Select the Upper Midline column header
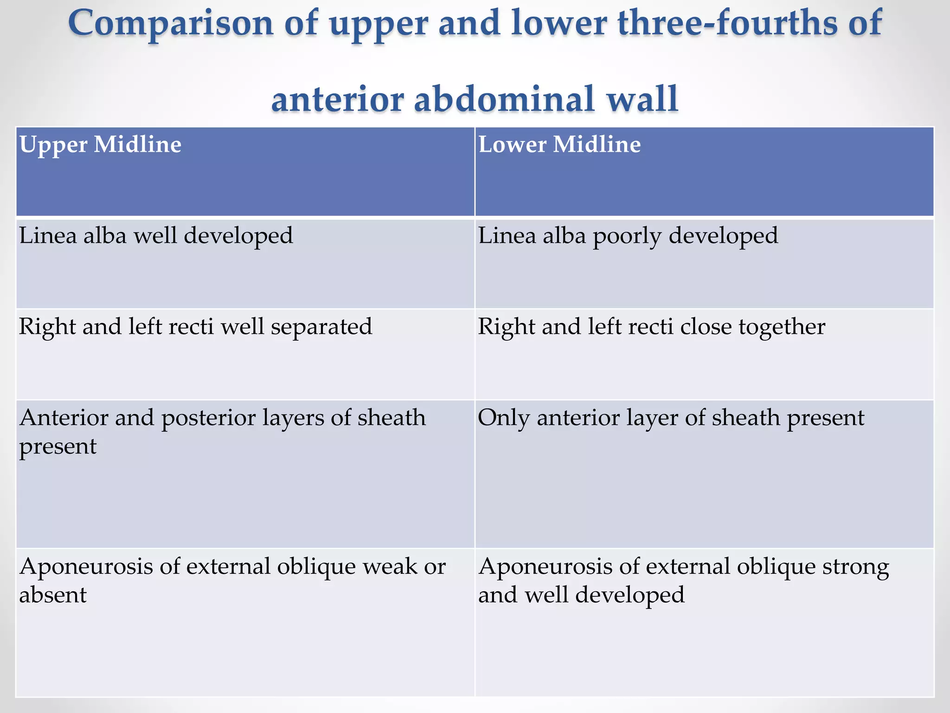click(x=100, y=145)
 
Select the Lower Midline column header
click(x=559, y=145)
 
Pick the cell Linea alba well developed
click(x=156, y=236)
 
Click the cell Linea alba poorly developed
click(x=628, y=236)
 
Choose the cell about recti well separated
click(x=195, y=327)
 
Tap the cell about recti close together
click(x=652, y=327)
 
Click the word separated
click(x=321, y=327)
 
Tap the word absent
click(x=53, y=595)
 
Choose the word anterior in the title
click(x=337, y=99)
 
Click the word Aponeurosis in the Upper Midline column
click(x=86, y=567)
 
